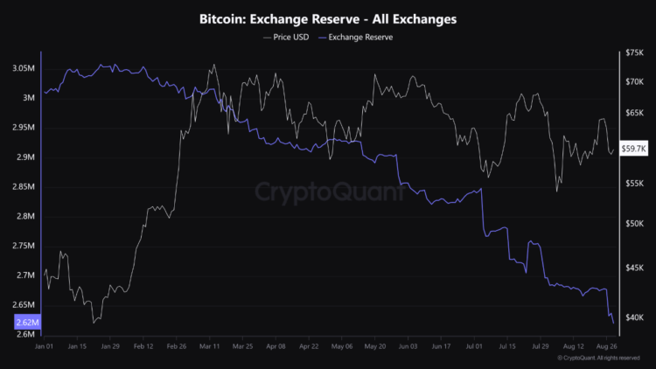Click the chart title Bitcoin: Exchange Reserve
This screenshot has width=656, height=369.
point(327,17)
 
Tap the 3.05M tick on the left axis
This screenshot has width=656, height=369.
point(24,68)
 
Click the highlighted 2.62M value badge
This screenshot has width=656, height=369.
point(27,323)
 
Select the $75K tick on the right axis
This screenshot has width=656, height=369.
point(634,53)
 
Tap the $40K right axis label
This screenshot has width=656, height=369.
point(634,317)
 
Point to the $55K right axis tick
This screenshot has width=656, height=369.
point(634,184)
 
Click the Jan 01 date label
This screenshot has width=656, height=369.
point(45,346)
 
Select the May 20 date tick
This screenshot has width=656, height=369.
point(374,346)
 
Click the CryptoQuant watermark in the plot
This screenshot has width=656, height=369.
point(327,191)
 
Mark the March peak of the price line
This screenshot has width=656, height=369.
point(213,64)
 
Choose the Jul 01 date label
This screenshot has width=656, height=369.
point(475,346)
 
